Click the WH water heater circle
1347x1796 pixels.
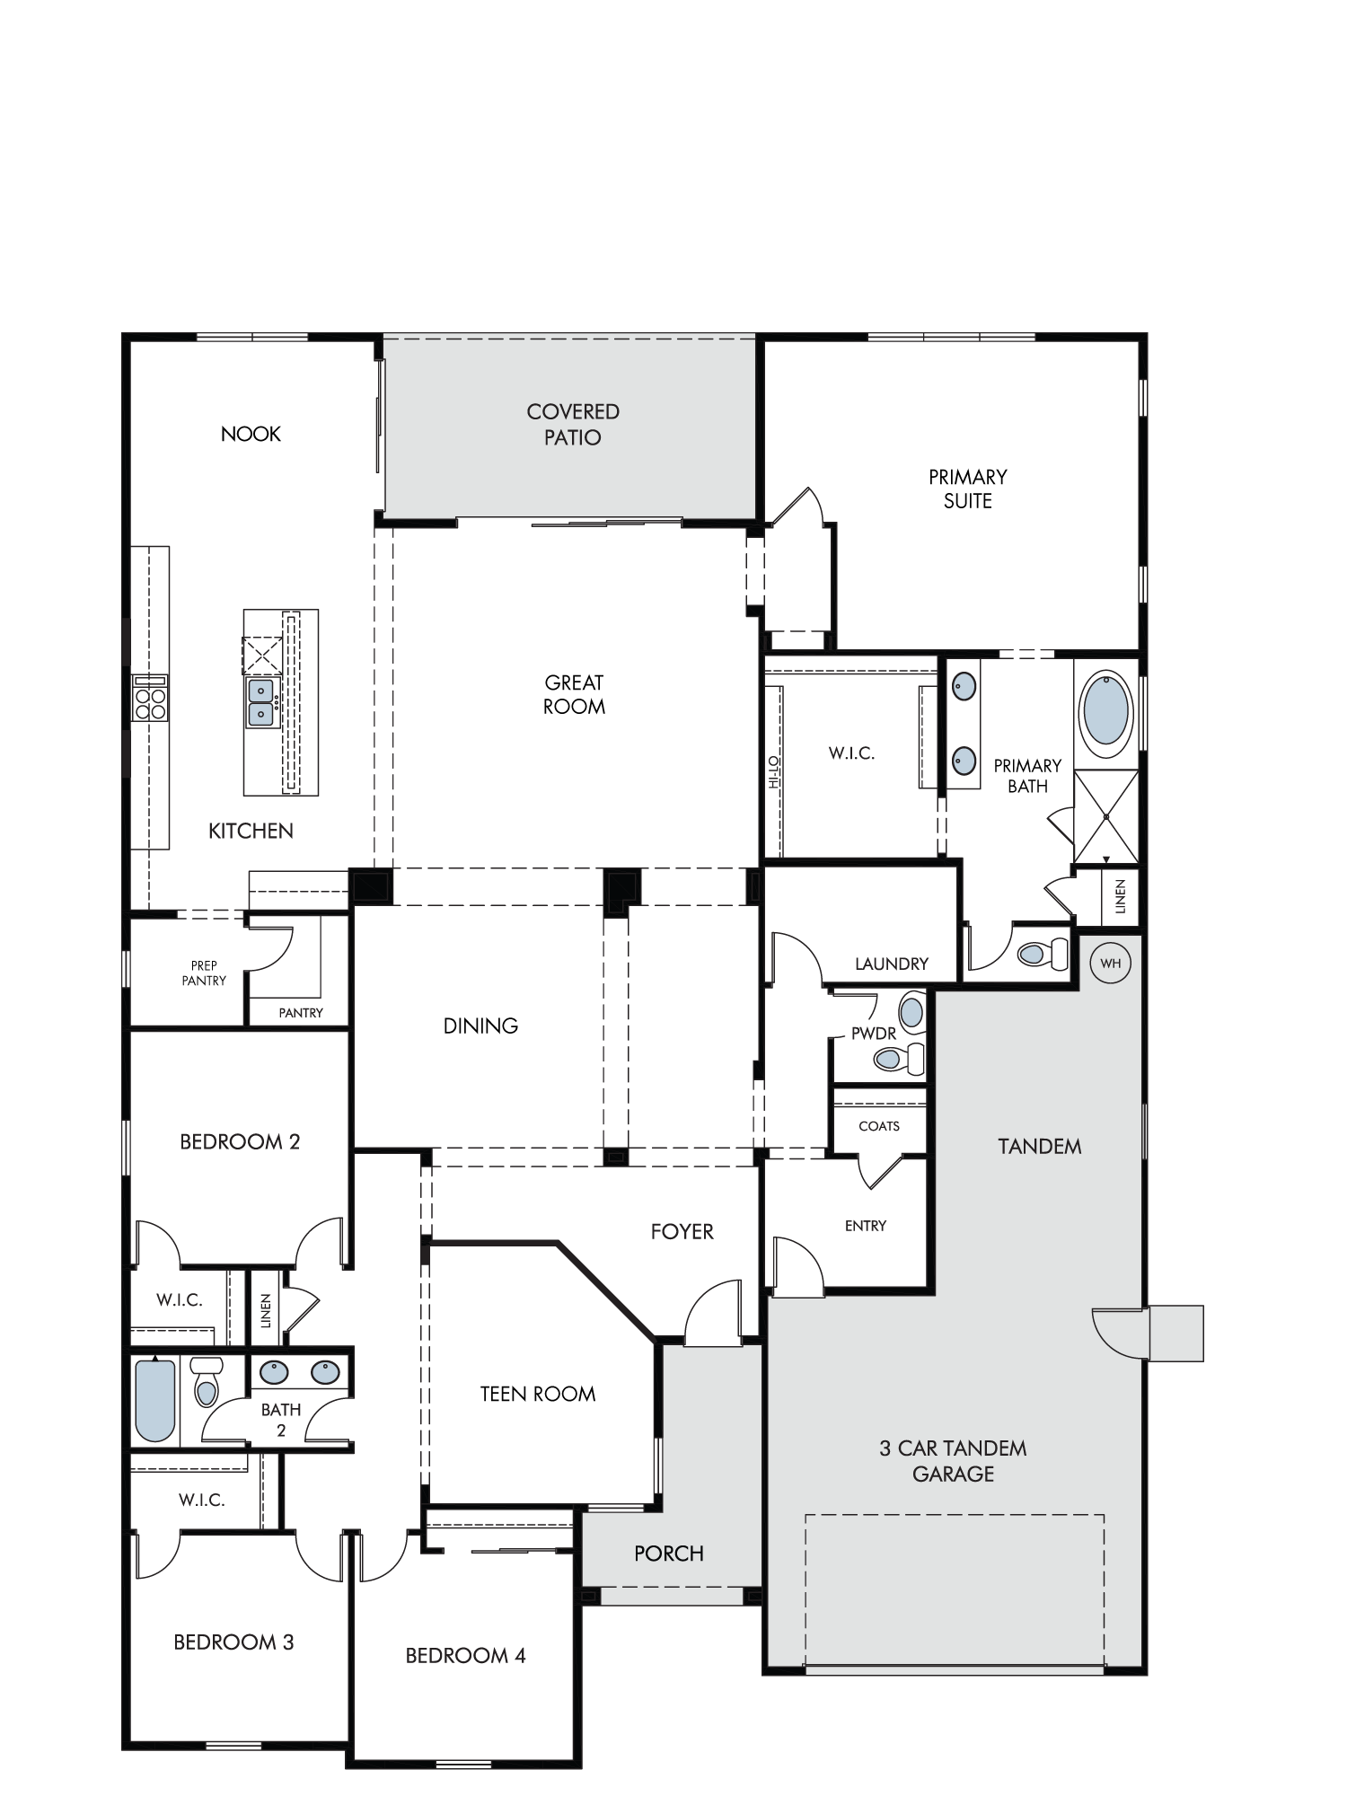coord(1111,964)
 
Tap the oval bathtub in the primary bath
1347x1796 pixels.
coord(1105,709)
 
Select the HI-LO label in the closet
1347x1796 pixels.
coord(773,772)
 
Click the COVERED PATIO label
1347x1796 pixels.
coord(573,425)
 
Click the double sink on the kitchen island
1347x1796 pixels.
coord(261,702)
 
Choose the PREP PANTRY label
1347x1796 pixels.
coord(204,973)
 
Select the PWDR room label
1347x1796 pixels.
coord(874,1034)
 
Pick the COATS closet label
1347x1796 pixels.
coord(879,1126)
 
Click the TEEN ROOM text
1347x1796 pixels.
coord(538,1394)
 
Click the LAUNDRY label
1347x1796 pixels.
coord(892,964)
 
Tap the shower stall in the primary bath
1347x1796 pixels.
coord(1106,816)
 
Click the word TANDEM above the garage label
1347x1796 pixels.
coord(1040,1146)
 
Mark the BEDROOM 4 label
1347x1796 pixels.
coord(465,1655)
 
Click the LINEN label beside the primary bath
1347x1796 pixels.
coord(1120,896)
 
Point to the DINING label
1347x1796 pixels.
coord(480,1026)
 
